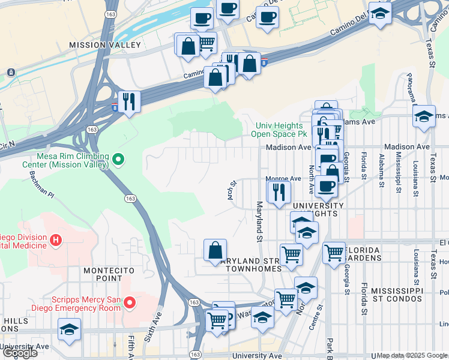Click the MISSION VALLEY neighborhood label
point(105,45)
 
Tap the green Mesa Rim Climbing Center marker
point(118,160)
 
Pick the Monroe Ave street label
point(283,179)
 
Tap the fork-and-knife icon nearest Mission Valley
point(128,100)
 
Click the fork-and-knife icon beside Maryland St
point(279,191)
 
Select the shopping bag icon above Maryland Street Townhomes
point(215,250)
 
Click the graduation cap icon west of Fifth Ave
point(70,329)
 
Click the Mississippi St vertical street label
point(398,175)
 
